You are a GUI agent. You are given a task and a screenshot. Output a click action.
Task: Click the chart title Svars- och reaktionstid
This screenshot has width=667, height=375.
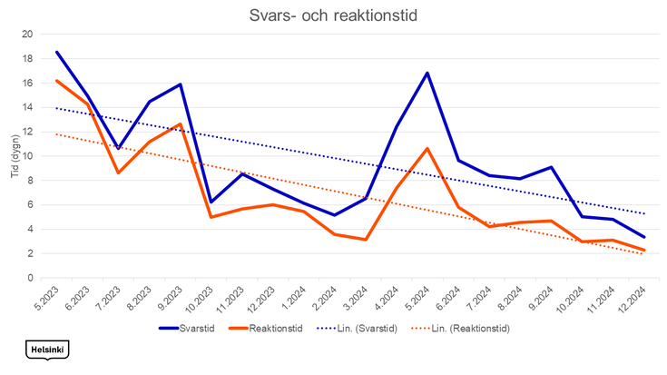coord(333,15)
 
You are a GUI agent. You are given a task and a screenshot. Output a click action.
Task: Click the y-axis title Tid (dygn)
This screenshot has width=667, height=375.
coord(15,155)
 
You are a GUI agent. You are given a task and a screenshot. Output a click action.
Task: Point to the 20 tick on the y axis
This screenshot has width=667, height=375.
coord(27,35)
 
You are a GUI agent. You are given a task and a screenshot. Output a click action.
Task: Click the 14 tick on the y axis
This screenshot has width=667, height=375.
coord(27,107)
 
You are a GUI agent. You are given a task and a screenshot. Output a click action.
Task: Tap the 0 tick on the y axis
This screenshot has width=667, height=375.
coord(30,278)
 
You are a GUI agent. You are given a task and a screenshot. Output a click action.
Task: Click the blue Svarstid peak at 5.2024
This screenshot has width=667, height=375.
coord(427,73)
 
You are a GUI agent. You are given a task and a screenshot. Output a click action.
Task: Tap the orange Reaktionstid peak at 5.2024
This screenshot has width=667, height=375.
coord(427,148)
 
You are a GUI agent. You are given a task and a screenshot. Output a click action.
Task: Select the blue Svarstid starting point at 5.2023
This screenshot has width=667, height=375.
coord(56,52)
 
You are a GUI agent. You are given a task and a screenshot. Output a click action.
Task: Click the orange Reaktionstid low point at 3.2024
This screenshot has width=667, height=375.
coord(365,240)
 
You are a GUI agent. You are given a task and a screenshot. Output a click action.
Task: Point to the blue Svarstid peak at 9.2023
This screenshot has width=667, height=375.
coord(180,84)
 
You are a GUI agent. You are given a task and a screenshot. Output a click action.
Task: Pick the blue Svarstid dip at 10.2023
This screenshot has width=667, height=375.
coord(211,202)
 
